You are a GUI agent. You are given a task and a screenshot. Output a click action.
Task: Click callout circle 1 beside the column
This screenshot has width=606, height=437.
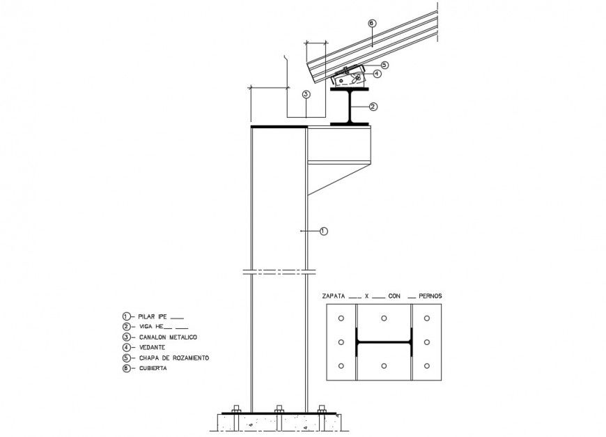[x=323, y=231]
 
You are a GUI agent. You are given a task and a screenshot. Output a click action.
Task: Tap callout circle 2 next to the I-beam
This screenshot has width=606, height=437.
[x=373, y=107]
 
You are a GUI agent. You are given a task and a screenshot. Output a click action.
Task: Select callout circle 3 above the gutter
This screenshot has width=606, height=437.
[x=305, y=94]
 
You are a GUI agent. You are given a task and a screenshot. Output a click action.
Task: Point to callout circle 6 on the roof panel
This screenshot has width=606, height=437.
[x=371, y=24]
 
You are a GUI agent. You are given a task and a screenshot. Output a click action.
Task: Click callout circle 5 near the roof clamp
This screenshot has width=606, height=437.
[x=384, y=65]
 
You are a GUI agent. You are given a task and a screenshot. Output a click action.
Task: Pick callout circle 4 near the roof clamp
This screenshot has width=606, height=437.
[x=376, y=73]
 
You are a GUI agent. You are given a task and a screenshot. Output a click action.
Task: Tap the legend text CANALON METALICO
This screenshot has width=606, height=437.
[x=168, y=337]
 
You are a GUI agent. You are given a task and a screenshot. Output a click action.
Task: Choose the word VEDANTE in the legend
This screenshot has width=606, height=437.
[x=151, y=347]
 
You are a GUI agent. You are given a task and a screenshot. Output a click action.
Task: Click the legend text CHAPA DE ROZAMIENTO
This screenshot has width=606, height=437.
[x=174, y=358]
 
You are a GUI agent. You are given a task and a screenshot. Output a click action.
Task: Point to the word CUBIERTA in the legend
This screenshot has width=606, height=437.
[x=153, y=368]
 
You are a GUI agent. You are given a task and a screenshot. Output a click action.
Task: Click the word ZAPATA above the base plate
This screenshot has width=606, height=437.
[x=333, y=296]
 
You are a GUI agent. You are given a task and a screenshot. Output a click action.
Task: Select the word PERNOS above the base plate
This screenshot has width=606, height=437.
[x=430, y=296]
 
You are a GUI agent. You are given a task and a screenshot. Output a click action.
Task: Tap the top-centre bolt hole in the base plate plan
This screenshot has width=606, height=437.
[x=384, y=319]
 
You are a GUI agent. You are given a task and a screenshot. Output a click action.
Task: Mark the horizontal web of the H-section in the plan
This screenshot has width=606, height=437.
[x=384, y=342]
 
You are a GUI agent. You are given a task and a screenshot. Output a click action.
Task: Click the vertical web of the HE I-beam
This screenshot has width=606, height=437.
[x=350, y=107]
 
